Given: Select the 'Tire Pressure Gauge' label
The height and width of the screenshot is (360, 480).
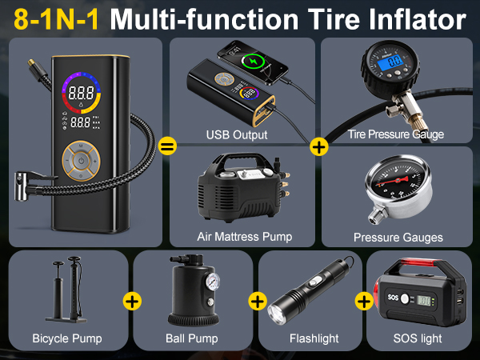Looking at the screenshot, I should coord(396,134).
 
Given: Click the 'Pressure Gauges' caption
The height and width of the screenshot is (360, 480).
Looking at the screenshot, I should coord(398,237).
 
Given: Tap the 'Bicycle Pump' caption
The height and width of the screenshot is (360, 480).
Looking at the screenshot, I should coord(67,339).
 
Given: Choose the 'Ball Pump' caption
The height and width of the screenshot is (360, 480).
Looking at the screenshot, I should coord(191,339).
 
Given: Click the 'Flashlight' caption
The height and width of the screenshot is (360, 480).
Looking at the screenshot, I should coord(313,339).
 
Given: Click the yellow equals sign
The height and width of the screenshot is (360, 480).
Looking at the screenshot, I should coord(167,146).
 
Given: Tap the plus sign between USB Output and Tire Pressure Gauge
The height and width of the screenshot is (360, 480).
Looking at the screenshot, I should coord(318,146).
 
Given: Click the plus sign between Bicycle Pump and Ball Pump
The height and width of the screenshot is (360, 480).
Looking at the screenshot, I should coord(132,302).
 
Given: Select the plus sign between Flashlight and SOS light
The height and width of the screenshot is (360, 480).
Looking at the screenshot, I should coord(365,302).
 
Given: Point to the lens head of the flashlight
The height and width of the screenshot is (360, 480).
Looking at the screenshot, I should coord(280,310).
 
